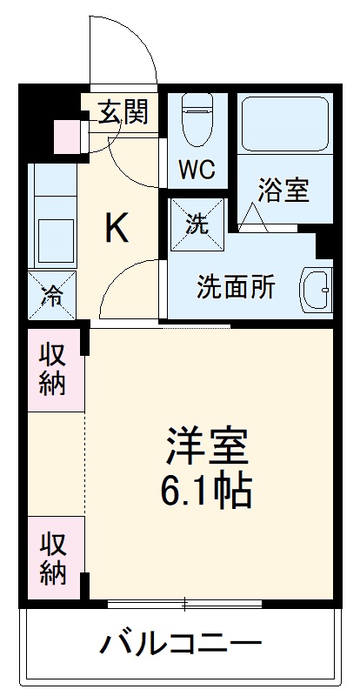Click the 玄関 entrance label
tap(122, 112)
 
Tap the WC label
tap(197, 170)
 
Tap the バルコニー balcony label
tap(180, 645)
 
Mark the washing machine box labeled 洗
tap(198, 223)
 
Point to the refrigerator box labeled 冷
tap(52, 295)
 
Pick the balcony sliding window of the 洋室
tap(184, 602)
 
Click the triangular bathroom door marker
tap(255, 216)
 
